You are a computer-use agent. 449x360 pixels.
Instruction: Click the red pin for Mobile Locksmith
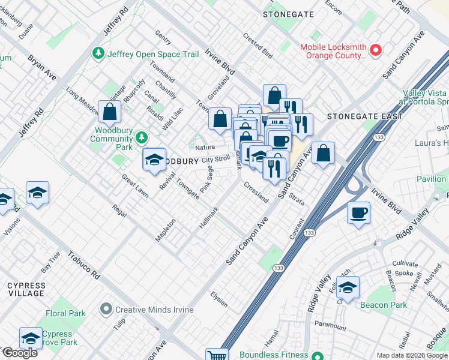[x=376, y=50]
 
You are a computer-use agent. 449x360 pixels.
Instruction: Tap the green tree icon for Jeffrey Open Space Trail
[x=98, y=54]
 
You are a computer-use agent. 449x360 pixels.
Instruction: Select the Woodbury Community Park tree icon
[x=142, y=138]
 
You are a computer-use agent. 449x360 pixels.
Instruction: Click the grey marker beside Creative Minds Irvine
[x=107, y=310]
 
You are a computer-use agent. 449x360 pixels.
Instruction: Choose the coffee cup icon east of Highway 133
[x=358, y=212]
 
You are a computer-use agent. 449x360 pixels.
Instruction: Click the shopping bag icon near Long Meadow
[x=109, y=111]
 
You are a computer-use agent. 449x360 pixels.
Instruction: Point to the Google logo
[x=20, y=353]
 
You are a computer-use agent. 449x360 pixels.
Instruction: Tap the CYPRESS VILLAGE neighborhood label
[x=26, y=289]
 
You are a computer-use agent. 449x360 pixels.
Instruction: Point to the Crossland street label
[x=256, y=192]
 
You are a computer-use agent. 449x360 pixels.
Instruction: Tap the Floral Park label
[x=65, y=313]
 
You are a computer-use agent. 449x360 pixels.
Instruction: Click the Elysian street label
[x=219, y=299]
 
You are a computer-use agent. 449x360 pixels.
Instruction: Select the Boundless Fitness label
[x=274, y=355]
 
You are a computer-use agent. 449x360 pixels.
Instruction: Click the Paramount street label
[x=330, y=326]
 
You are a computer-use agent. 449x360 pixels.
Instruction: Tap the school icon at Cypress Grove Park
[x=31, y=338]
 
